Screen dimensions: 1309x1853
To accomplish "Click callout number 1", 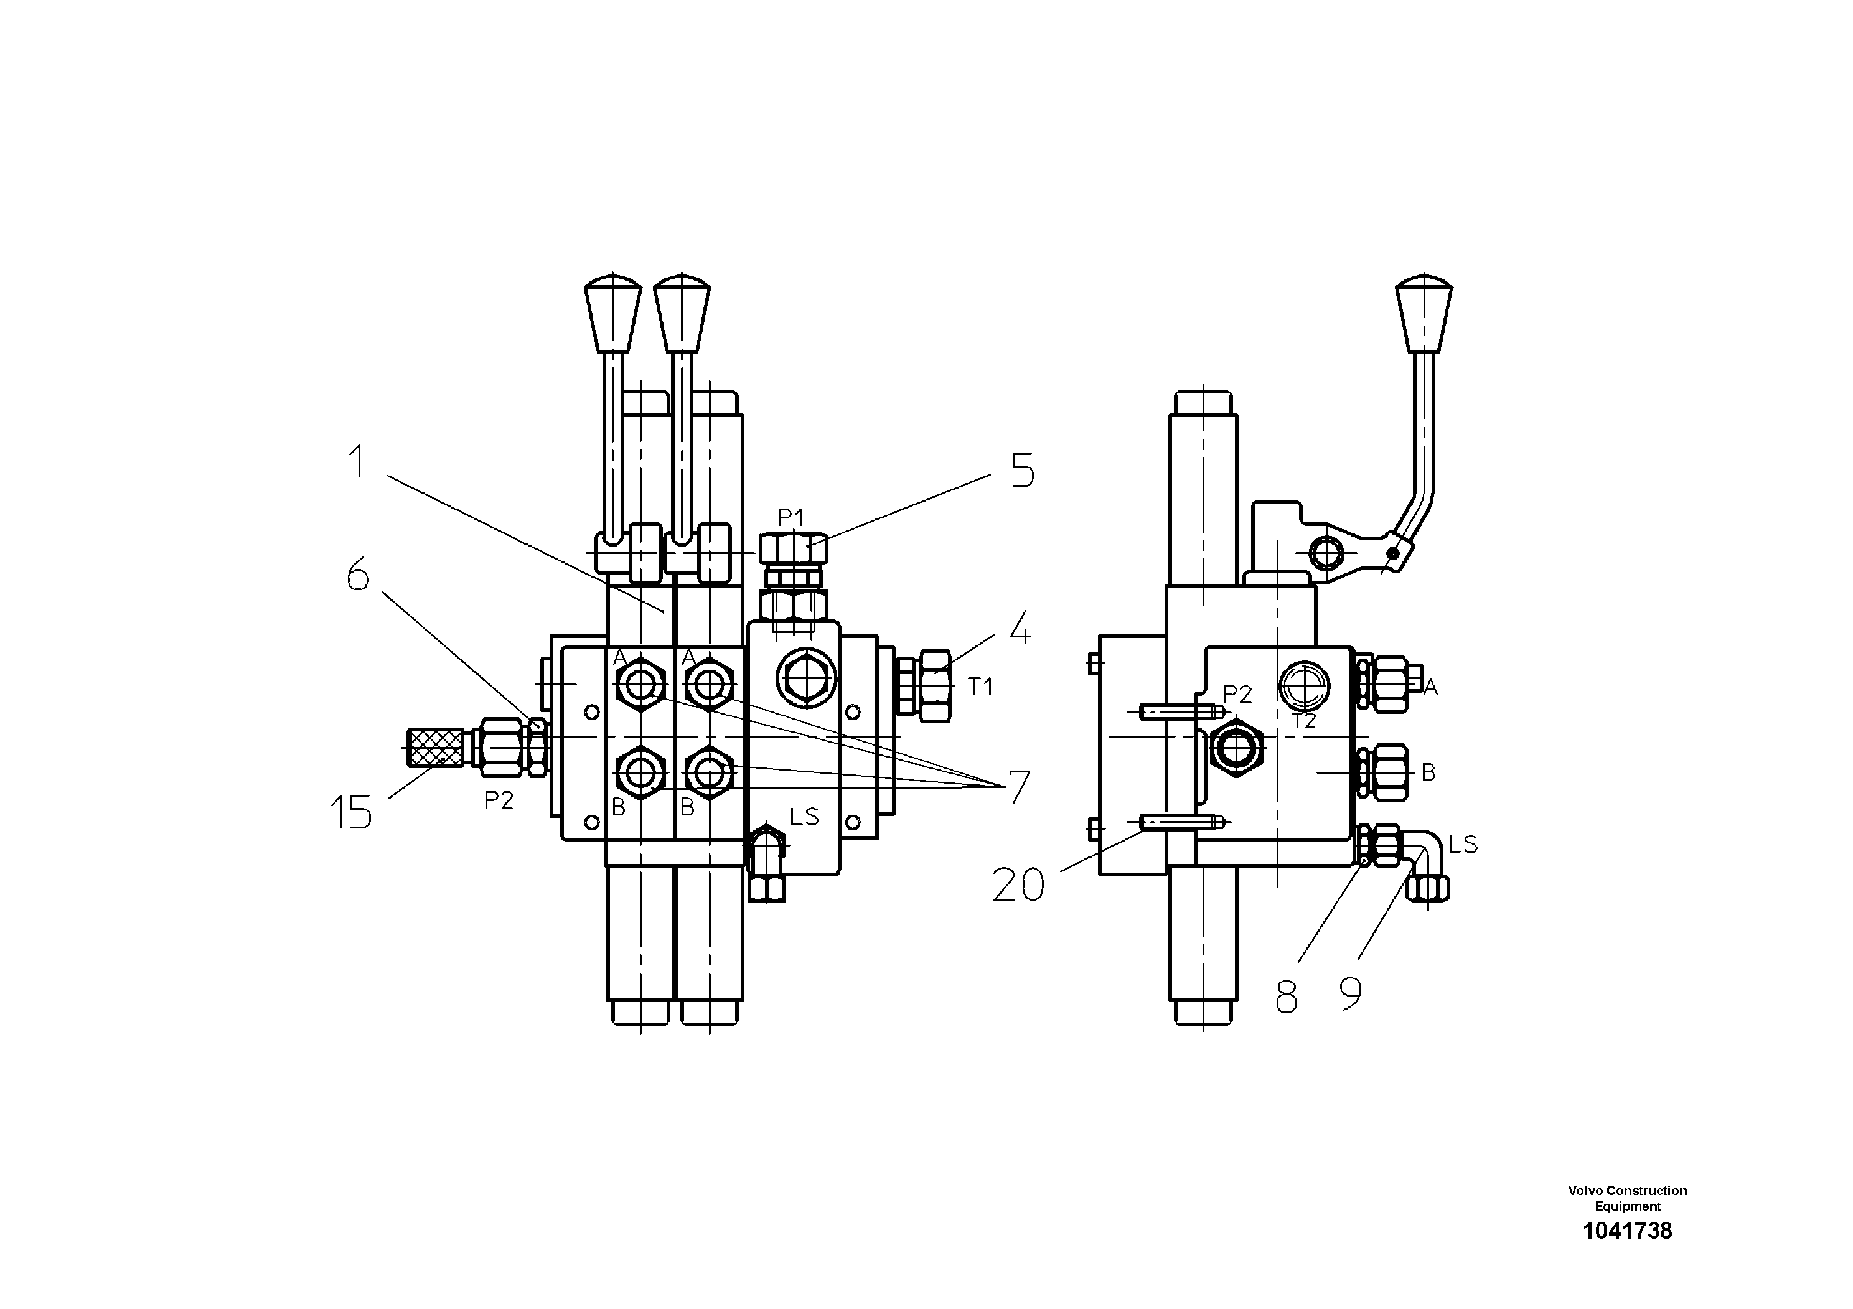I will tap(356, 463).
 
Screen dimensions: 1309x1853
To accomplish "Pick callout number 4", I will tap(1020, 628).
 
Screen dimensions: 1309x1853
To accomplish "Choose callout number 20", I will tap(1018, 885).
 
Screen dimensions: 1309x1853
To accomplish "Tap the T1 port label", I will tap(980, 687).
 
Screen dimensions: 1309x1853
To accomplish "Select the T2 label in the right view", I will tap(1304, 721).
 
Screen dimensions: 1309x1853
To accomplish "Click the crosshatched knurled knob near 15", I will tap(436, 748).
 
